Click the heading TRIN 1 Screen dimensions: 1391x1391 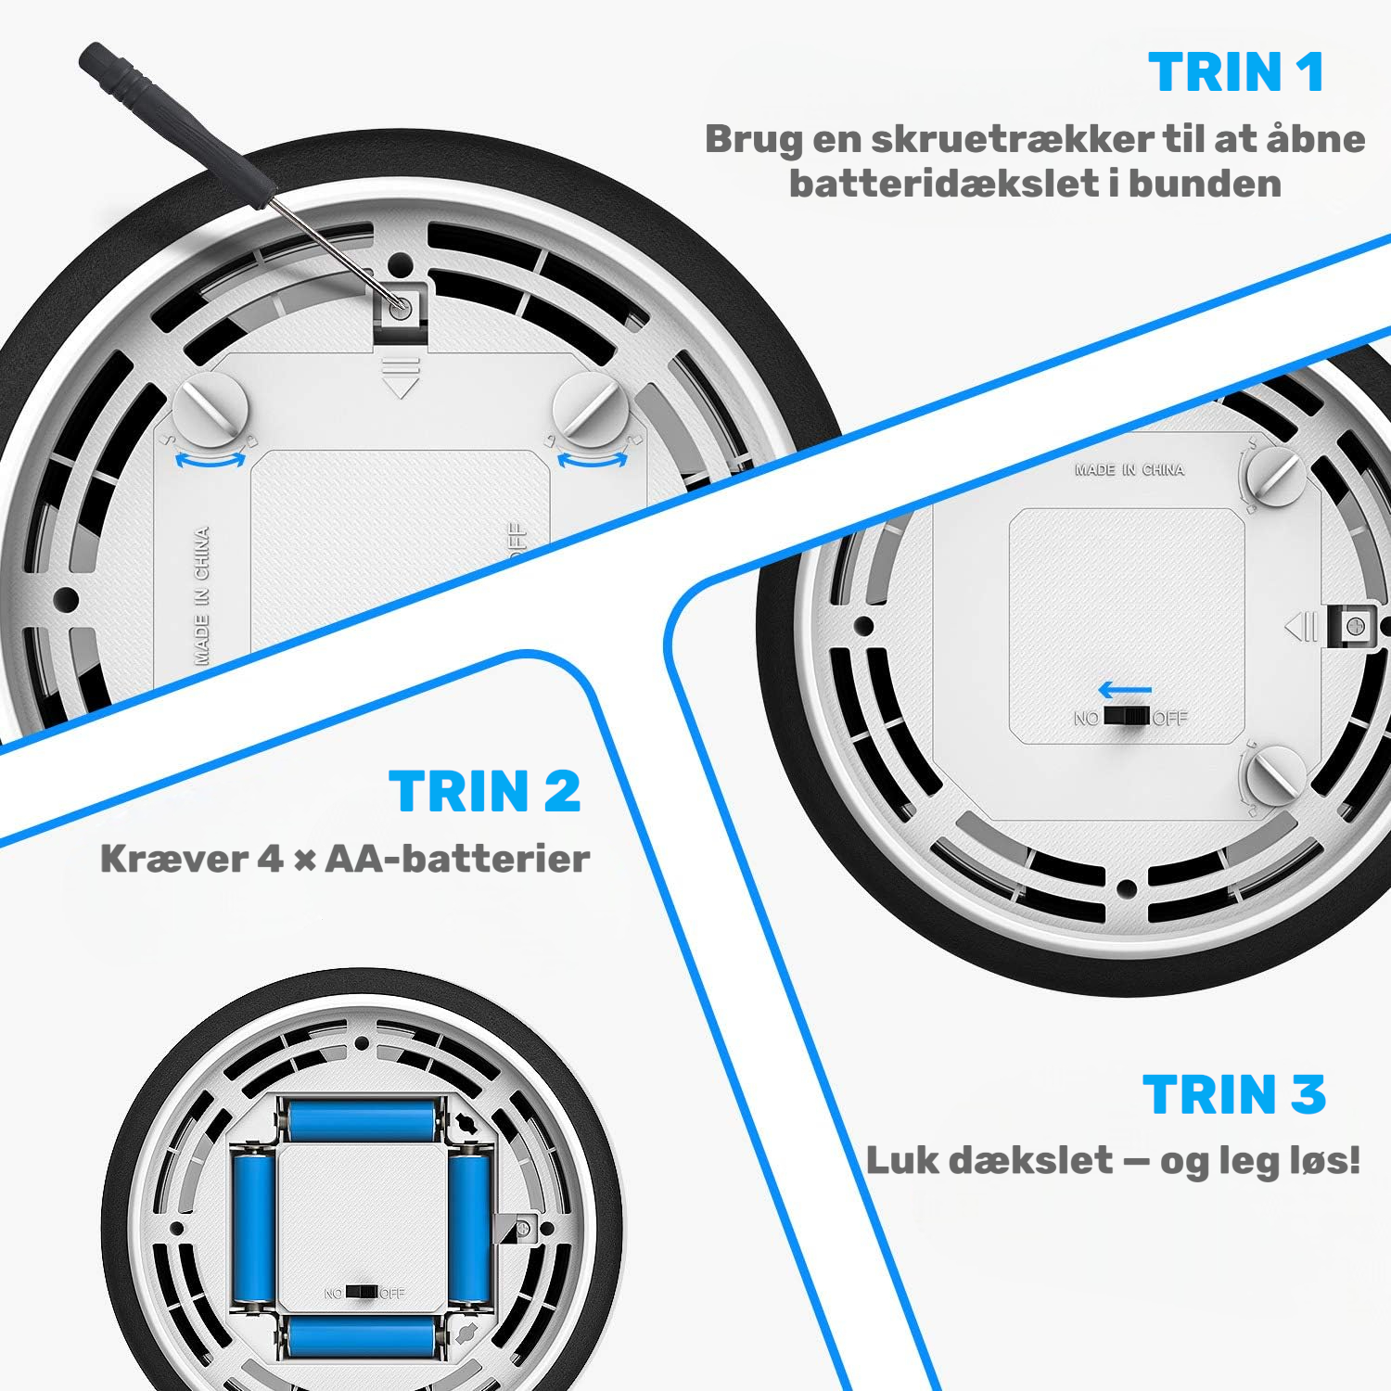(1236, 72)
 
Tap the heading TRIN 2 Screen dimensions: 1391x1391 (485, 791)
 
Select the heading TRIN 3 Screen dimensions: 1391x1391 (1234, 1094)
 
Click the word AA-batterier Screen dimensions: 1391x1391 (457, 859)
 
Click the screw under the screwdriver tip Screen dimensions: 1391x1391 (401, 308)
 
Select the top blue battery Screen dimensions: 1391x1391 (361, 1120)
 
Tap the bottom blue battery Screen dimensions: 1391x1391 (361, 1337)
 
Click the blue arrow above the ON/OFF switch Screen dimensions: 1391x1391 (1125, 690)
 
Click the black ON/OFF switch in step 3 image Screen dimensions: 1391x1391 (1126, 717)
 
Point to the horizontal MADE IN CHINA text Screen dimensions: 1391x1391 (1129, 470)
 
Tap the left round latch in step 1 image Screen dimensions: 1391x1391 (211, 408)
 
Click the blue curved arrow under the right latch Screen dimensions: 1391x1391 (592, 460)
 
